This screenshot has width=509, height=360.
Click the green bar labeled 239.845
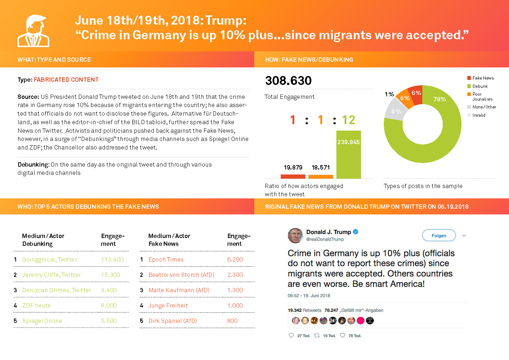tap(348, 157)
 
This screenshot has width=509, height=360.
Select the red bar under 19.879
tap(293, 176)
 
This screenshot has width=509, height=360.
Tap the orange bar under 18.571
tap(321, 176)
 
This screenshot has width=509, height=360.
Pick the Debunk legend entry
tap(480, 86)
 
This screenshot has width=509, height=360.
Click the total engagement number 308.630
tap(288, 81)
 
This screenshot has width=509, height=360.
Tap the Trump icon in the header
tap(34, 31)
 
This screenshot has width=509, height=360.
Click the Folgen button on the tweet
tap(439, 235)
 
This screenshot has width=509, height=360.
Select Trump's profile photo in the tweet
tap(295, 235)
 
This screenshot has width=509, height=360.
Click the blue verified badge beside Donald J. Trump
tap(355, 232)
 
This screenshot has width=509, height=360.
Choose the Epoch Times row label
tap(166, 259)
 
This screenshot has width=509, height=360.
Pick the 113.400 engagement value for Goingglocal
tap(112, 259)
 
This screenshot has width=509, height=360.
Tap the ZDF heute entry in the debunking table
tap(36, 305)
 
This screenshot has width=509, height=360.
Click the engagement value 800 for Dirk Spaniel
tap(232, 321)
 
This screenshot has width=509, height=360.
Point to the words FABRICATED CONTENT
tap(66, 80)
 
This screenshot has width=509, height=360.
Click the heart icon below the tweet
tap(342, 335)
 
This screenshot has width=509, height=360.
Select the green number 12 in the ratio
tap(348, 120)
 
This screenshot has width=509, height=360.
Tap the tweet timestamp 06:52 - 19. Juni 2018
tap(309, 295)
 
